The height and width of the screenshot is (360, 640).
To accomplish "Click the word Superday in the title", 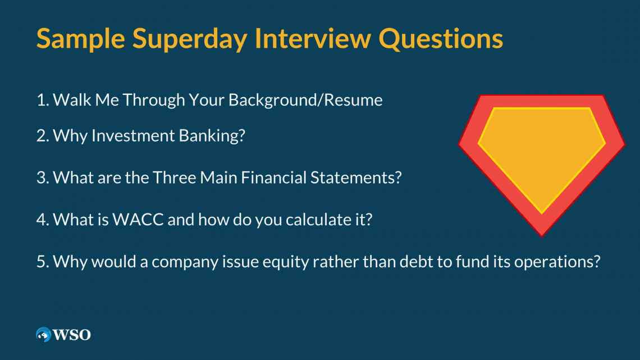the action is (x=189, y=39).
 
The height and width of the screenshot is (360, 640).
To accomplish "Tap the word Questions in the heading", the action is (x=441, y=39).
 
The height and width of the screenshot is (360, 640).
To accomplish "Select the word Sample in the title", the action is (x=80, y=39).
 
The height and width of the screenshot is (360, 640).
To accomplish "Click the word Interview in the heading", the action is (x=313, y=38).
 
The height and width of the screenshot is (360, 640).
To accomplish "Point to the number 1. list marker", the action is (x=43, y=100).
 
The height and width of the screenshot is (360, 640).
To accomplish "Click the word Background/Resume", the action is (x=305, y=100).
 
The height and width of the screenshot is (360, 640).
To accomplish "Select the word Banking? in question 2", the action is (x=212, y=136).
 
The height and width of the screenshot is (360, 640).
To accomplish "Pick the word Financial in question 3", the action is (x=273, y=177).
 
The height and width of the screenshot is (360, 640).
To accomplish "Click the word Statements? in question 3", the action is (x=356, y=177).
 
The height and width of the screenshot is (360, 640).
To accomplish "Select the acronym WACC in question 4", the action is (x=138, y=220).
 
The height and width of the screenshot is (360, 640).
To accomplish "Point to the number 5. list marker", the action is (x=43, y=262).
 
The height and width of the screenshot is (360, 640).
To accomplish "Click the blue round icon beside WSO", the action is (x=43, y=335).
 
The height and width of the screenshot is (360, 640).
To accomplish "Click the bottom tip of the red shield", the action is (x=542, y=236).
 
